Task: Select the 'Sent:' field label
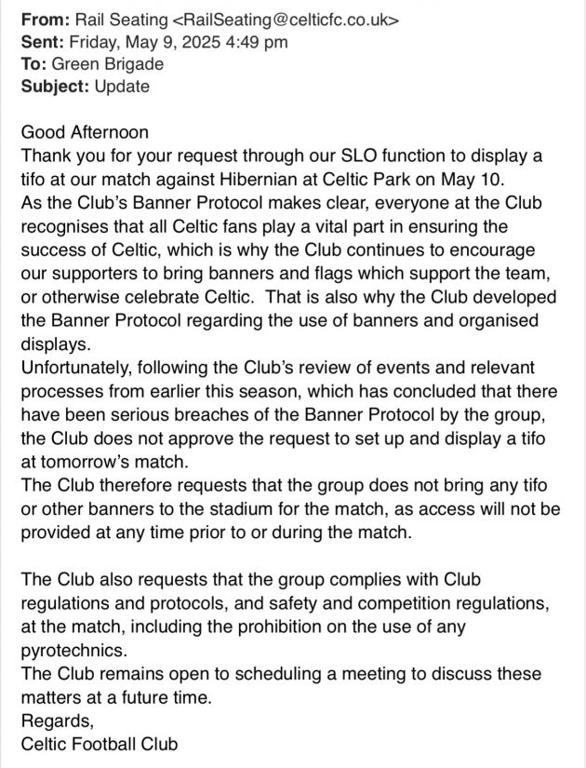click(x=45, y=41)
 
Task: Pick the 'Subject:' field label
click(x=54, y=87)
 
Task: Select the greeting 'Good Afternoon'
click(x=85, y=132)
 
